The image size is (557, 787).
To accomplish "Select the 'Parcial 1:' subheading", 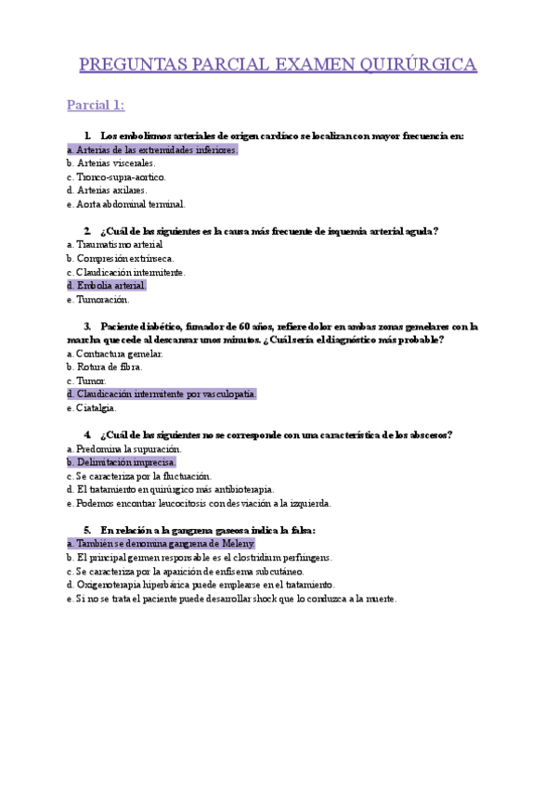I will pyautogui.click(x=96, y=104).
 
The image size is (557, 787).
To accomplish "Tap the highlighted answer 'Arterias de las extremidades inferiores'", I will pyautogui.click(x=153, y=149).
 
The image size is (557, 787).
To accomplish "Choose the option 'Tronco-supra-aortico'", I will pyautogui.click(x=116, y=176).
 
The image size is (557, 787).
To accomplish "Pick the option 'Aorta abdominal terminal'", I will pyautogui.click(x=126, y=204).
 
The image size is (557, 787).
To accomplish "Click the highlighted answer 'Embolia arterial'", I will pyautogui.click(x=107, y=286).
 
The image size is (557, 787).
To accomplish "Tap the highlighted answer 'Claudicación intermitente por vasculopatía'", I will pyautogui.click(x=162, y=394).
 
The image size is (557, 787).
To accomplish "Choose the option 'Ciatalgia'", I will pyautogui.click(x=92, y=408).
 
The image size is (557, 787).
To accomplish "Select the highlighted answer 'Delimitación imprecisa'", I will pyautogui.click(x=122, y=462).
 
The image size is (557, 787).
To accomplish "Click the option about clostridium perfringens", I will pyautogui.click(x=200, y=558).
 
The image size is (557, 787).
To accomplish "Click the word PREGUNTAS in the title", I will pyautogui.click(x=131, y=64).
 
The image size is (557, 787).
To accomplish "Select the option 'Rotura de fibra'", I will pyautogui.click(x=104, y=368).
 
